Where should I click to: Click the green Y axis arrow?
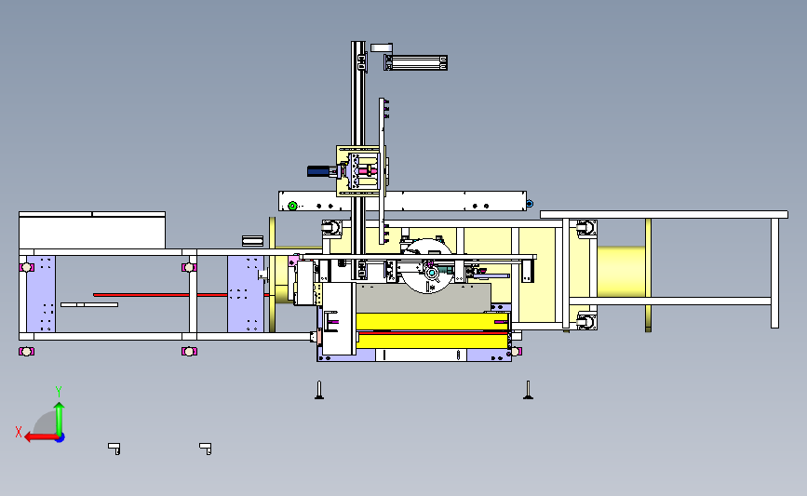(60, 420)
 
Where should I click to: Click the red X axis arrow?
(41, 437)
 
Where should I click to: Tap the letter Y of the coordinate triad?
(59, 392)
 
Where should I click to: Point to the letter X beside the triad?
(19, 432)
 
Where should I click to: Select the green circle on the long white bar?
(292, 206)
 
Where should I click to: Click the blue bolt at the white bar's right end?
(530, 204)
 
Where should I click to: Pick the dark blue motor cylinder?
(319, 171)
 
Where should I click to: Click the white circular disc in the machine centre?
(427, 266)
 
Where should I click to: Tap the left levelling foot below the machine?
(319, 390)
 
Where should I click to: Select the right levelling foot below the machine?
(528, 390)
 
